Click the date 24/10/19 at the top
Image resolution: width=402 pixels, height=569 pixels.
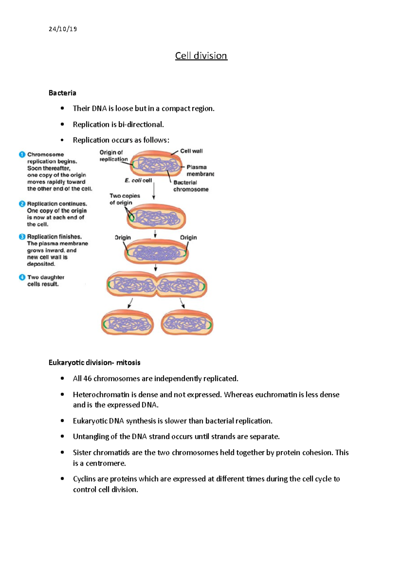click(63, 29)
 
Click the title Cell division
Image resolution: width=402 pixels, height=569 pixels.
click(201, 56)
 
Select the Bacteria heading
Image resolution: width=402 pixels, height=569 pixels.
click(62, 93)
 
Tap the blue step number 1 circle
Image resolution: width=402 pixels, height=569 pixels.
click(22, 154)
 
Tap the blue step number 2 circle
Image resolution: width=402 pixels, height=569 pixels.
click(22, 204)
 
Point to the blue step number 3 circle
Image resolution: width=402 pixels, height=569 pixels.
click(22, 237)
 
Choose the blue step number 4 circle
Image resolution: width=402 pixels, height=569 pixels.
click(22, 277)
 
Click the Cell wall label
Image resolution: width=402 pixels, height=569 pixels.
click(191, 151)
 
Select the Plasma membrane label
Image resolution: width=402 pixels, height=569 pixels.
click(200, 170)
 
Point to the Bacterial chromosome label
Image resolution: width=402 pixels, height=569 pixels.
click(191, 186)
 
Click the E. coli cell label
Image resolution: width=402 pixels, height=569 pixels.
click(138, 180)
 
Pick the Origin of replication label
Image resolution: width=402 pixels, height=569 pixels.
click(113, 156)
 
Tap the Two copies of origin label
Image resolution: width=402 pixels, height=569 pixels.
click(124, 199)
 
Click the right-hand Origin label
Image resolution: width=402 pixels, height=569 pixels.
click(188, 238)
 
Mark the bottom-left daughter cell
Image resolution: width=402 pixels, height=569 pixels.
click(127, 323)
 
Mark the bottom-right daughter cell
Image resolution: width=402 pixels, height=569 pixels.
click(187, 323)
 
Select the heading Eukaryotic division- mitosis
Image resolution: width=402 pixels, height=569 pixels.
click(94, 363)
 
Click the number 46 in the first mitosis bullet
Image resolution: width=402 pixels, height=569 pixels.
click(87, 379)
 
